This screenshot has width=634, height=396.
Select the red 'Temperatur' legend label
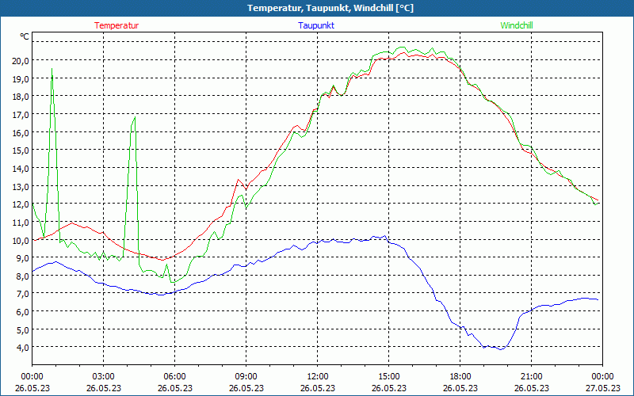point(116,25)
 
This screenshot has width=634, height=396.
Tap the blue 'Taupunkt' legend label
point(316,25)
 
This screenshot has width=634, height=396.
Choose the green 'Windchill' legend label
point(517,25)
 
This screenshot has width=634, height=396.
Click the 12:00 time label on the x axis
point(317,376)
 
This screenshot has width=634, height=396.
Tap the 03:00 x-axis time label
point(103,376)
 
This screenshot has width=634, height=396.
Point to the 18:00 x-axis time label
point(460,376)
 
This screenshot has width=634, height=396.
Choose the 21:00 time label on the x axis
point(531,376)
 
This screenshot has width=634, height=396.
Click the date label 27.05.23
point(602,388)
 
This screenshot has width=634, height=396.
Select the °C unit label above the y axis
point(25,36)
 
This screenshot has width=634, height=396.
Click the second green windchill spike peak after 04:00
point(136,117)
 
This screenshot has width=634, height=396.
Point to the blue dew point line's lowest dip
point(499,348)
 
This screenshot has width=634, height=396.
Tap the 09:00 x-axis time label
point(246,376)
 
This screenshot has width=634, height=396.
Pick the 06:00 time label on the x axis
point(174,376)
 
